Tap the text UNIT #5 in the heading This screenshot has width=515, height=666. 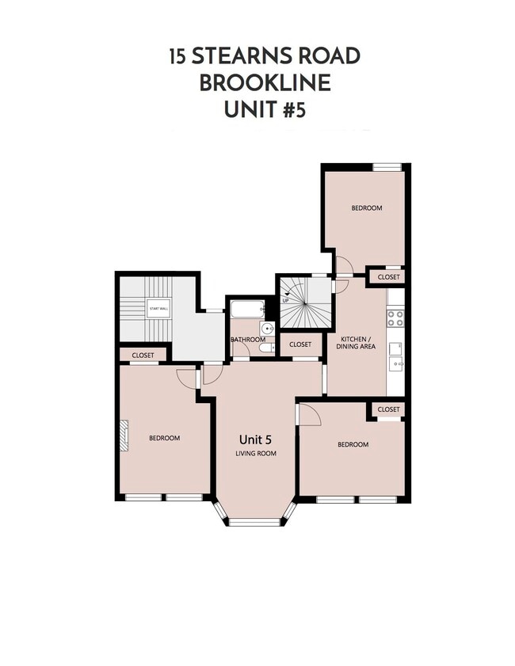point(265,109)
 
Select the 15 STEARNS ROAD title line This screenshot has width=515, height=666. point(265,56)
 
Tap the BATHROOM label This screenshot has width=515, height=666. point(247,340)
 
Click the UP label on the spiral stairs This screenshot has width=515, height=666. point(286,301)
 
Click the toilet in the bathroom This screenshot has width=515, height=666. point(266,348)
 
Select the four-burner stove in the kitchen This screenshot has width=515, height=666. point(395,318)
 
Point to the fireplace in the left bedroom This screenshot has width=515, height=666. point(123,436)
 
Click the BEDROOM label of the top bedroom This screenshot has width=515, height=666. point(367,208)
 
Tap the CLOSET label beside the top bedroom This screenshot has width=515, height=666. point(388,277)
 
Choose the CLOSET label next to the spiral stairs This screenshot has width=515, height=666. point(300,344)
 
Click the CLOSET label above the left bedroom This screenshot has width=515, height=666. point(143,356)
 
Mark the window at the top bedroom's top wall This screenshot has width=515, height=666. point(387,167)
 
